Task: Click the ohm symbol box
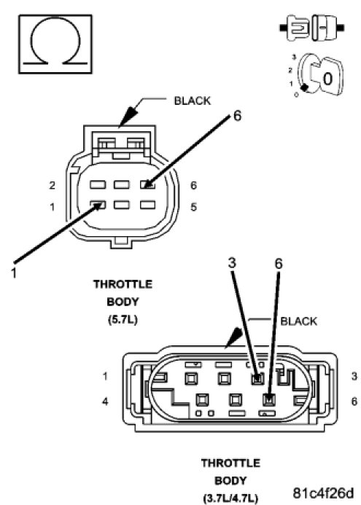click(x=55, y=44)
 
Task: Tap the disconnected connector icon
click(x=311, y=28)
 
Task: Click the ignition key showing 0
click(x=320, y=76)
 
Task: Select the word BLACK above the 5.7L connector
click(x=192, y=101)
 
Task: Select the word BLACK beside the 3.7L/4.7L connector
click(x=298, y=321)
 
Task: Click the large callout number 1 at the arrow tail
click(x=13, y=273)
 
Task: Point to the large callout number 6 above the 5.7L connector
click(x=237, y=116)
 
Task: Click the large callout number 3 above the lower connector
click(x=232, y=263)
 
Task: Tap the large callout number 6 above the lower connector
click(x=279, y=264)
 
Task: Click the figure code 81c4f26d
click(x=323, y=493)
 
